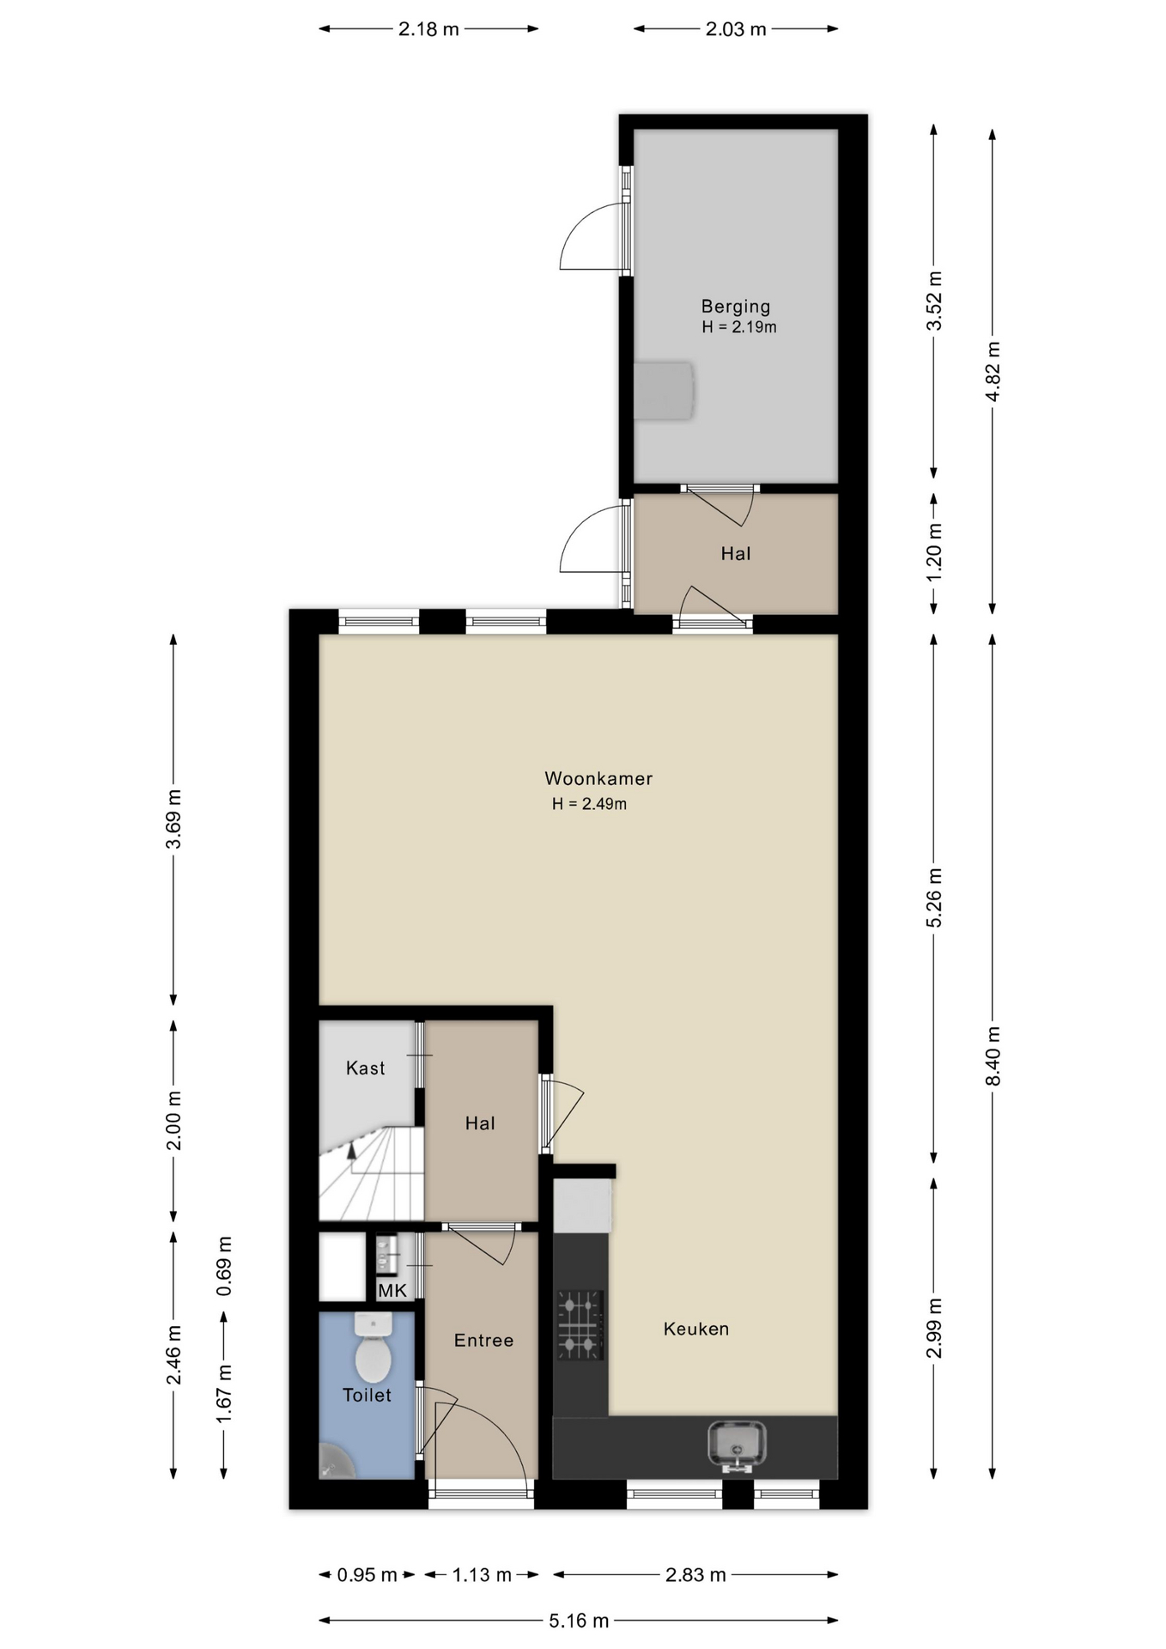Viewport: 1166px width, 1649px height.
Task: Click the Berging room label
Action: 735,306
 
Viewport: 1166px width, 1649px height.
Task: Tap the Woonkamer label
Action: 598,778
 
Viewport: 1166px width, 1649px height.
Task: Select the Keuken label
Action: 696,1329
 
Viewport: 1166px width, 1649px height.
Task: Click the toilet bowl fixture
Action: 373,1349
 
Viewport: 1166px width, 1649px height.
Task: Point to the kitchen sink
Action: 737,1445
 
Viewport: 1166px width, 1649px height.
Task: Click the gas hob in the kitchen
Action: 580,1326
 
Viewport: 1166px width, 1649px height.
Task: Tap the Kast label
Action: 365,1068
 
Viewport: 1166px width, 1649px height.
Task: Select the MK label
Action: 392,1291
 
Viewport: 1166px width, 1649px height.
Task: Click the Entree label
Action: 483,1340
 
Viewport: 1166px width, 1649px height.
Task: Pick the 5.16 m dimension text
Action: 579,1621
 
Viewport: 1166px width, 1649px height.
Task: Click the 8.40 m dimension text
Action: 993,1056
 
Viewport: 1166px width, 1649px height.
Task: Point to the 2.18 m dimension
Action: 428,29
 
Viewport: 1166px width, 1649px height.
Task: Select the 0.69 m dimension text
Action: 224,1266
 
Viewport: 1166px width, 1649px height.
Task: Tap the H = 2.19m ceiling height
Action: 739,327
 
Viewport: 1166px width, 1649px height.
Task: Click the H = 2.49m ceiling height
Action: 589,804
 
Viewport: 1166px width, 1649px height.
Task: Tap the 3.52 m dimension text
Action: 935,301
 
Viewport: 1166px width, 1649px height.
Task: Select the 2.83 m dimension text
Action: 695,1574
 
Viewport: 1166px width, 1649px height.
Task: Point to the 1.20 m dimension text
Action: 935,552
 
